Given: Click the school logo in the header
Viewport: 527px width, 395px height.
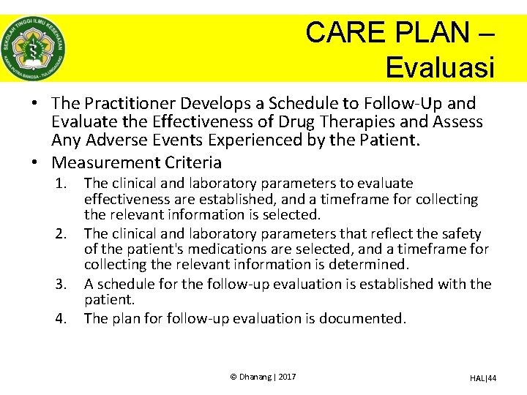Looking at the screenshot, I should click(33, 48).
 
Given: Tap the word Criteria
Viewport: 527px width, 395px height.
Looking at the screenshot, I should click(192, 162).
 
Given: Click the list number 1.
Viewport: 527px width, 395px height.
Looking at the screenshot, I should click(63, 183).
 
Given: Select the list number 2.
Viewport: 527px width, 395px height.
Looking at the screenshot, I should click(63, 233).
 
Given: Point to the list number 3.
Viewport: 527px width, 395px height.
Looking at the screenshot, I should click(63, 284).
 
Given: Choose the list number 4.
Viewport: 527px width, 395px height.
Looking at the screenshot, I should click(63, 318).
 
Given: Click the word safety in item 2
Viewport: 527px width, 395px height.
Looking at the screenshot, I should click(461, 233).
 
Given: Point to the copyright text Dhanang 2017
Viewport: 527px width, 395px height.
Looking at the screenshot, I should click(263, 376).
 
